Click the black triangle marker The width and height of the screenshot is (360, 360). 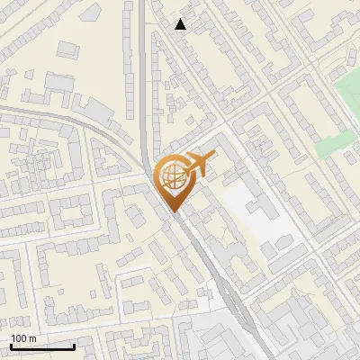point(181,24)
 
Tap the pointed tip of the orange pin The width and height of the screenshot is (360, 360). point(174,212)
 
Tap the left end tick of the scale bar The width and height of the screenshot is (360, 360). point(10,346)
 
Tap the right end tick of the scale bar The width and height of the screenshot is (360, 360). point(74,346)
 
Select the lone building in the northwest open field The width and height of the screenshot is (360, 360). point(58,83)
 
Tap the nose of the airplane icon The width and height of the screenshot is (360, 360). point(215,158)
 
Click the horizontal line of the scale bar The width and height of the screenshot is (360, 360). point(41,347)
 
